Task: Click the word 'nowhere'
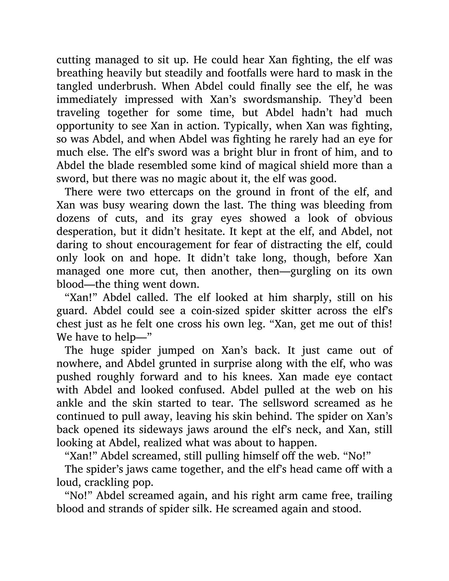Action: pos(75,363)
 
